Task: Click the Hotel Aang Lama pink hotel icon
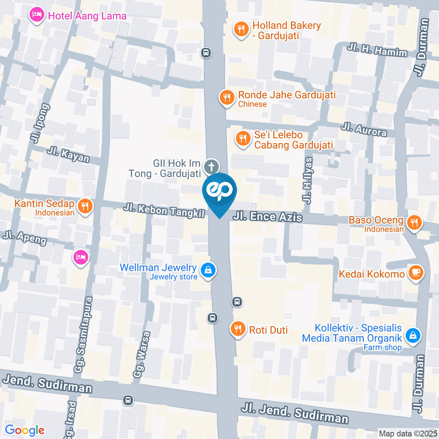coord(37,16)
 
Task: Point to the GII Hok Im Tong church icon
coord(211,166)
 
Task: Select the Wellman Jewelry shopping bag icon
coord(208,270)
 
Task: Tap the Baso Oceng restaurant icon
coord(414,223)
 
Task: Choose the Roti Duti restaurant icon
coord(237,328)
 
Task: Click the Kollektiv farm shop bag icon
coord(413,336)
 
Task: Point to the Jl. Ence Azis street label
coord(268,216)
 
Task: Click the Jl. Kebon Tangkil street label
coord(164,211)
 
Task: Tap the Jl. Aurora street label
coord(364,130)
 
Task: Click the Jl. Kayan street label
coord(68,155)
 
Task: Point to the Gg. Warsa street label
coord(141,354)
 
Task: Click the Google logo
coord(25,430)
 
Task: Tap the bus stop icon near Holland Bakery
coord(206,53)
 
